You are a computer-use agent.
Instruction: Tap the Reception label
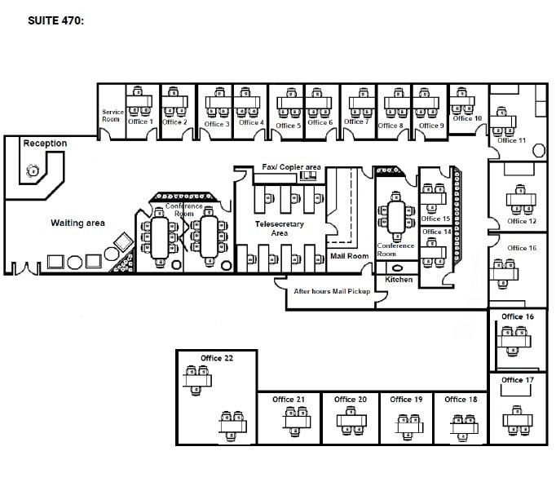click(45, 144)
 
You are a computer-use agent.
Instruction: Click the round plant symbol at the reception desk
click(33, 170)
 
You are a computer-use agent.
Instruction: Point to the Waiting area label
click(77, 223)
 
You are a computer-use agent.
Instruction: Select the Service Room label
click(112, 115)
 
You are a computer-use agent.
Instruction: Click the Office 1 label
click(139, 122)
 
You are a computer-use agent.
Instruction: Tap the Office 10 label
click(467, 118)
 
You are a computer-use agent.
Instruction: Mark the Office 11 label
click(512, 140)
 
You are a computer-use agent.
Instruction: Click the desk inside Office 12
click(522, 198)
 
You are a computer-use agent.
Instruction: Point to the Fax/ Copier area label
click(291, 167)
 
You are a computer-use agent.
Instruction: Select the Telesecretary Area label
click(279, 228)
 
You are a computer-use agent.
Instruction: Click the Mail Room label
click(349, 255)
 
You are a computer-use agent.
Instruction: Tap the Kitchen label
click(399, 280)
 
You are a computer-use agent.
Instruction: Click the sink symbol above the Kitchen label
click(399, 268)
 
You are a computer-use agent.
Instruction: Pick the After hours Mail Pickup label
click(332, 291)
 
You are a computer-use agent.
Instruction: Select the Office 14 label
click(436, 232)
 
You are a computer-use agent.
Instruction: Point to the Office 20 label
click(351, 400)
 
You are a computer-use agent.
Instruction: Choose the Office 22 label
click(217, 358)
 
